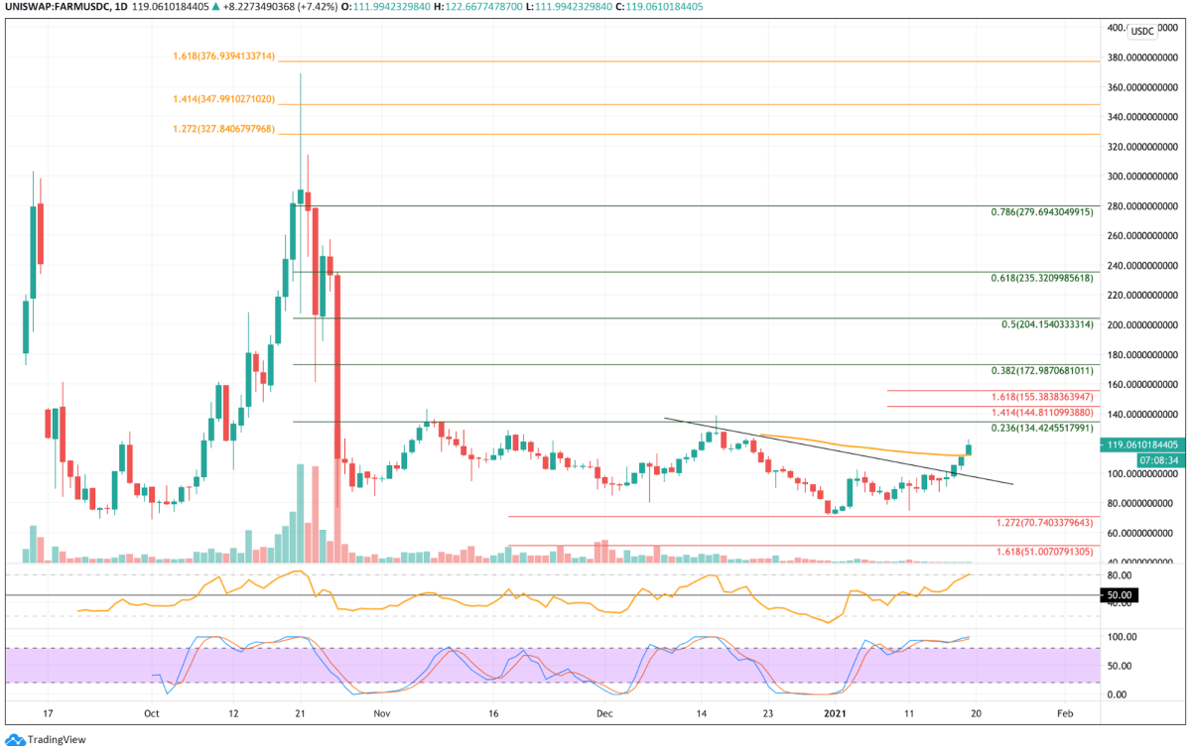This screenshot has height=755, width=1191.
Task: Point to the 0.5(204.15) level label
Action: coord(1047,324)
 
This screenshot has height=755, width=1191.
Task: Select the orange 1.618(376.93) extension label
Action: coord(223,56)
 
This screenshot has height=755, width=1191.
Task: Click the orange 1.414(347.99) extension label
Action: coord(223,99)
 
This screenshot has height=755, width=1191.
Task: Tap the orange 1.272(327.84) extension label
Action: coord(223,129)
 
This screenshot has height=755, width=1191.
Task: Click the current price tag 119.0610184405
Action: coord(1143,445)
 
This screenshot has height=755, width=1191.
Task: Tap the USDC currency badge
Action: coord(1142,31)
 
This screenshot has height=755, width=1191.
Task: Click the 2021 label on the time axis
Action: coord(838,713)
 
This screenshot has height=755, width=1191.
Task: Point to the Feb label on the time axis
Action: coord(1064,713)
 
